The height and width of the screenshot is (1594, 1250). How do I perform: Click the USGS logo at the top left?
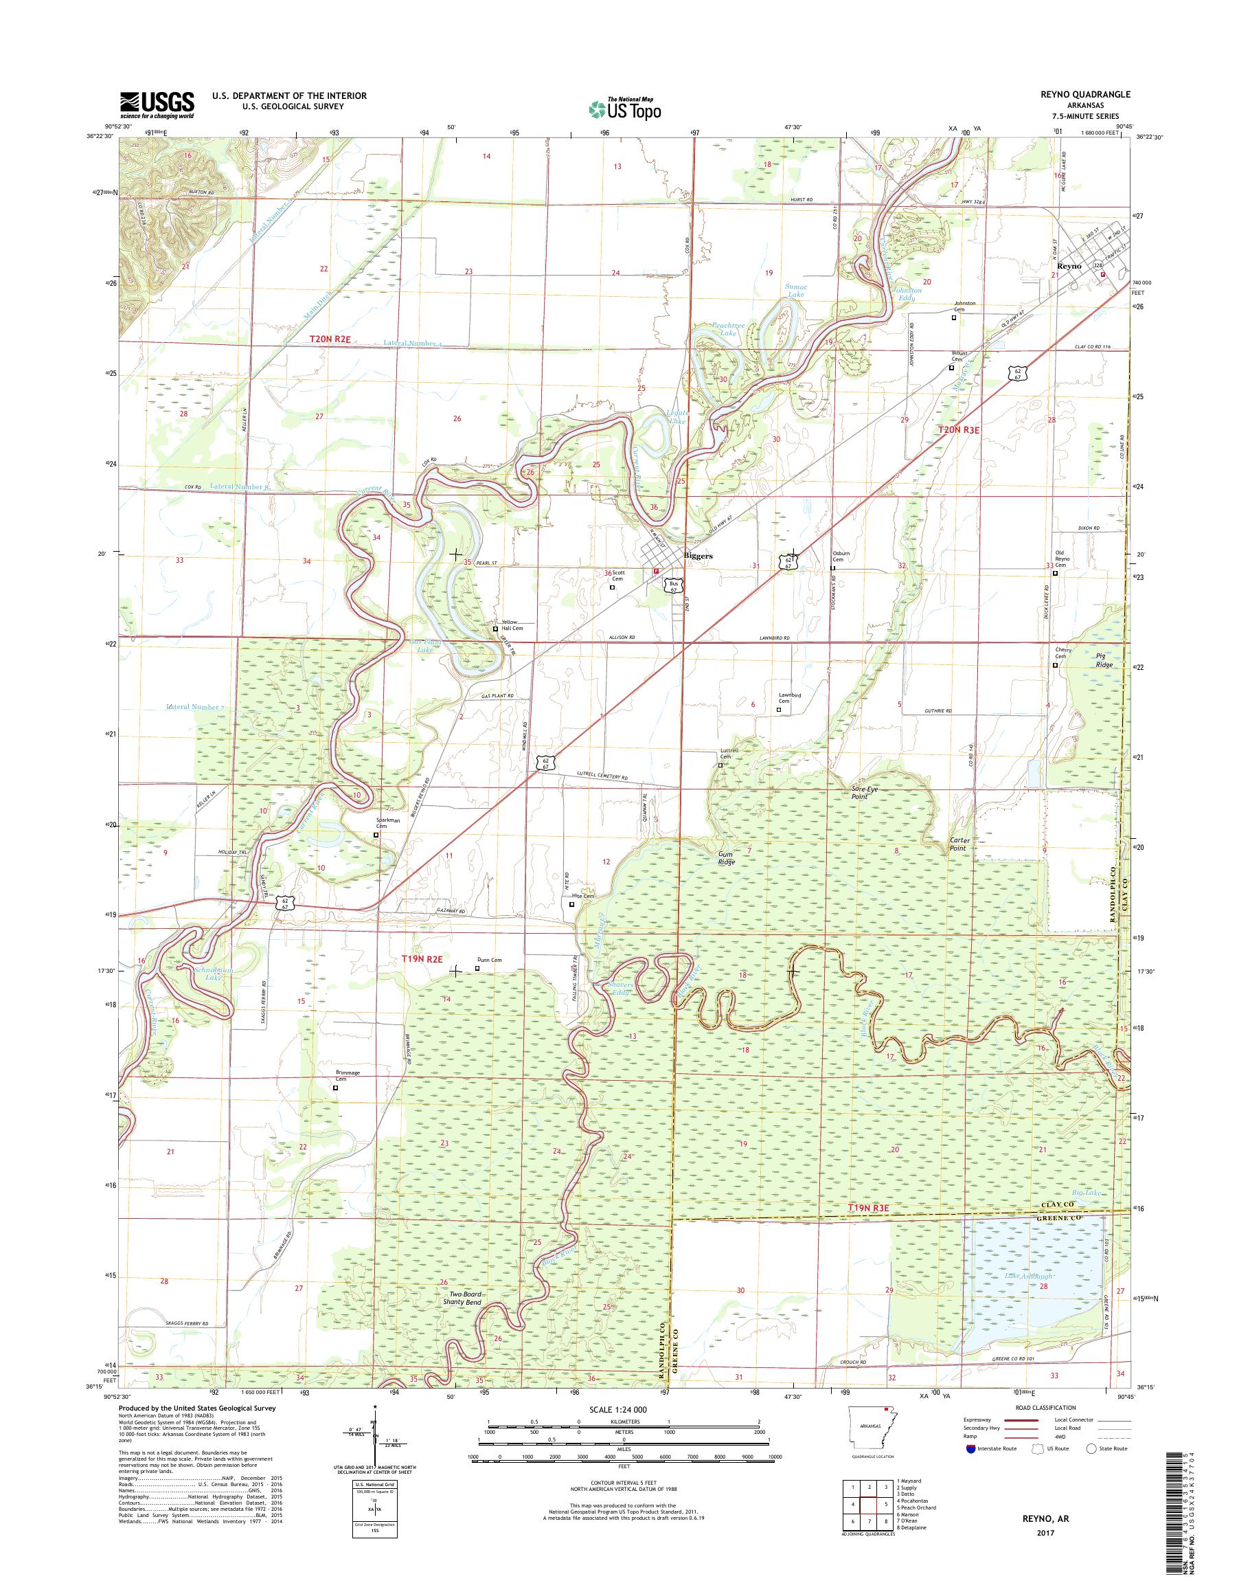tap(157, 104)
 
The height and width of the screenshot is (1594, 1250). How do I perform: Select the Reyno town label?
tap(1069, 266)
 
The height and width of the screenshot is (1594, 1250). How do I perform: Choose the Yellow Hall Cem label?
tap(512, 625)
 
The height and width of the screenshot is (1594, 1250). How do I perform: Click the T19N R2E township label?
tap(422, 958)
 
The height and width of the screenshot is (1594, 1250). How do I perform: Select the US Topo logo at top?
tap(624, 109)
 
